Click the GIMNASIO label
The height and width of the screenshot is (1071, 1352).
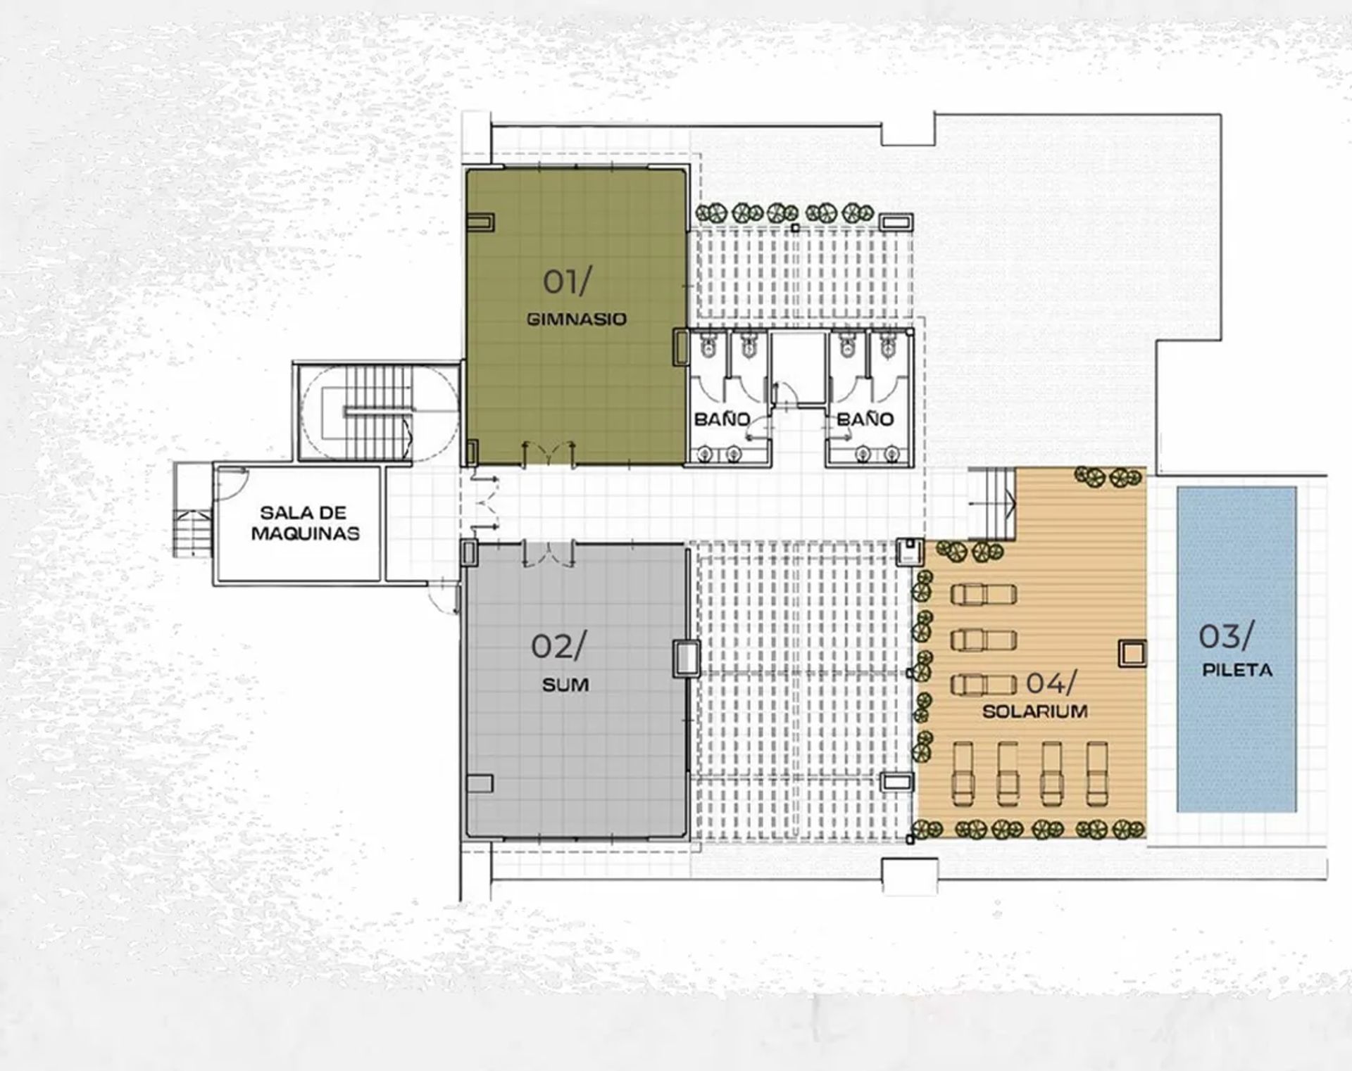point(576,319)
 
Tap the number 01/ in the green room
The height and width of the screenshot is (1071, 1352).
point(567,282)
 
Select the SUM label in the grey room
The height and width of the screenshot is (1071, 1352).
point(565,685)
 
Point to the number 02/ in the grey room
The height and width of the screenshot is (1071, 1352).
point(557,647)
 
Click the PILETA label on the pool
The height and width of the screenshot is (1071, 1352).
point(1237,670)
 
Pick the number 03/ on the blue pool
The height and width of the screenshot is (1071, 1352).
point(1226,637)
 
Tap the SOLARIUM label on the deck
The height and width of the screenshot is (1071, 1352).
point(1035,711)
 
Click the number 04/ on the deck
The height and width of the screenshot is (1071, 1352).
point(1051,682)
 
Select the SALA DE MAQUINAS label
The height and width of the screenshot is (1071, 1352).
point(305,523)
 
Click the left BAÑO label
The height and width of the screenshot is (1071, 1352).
point(722,419)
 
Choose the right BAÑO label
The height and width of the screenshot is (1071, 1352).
point(865,419)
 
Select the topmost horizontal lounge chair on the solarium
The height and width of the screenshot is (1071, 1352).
point(984,595)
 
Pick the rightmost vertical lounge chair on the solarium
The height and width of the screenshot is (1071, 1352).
point(1096,774)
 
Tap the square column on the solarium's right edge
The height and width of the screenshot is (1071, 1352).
point(1132,654)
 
